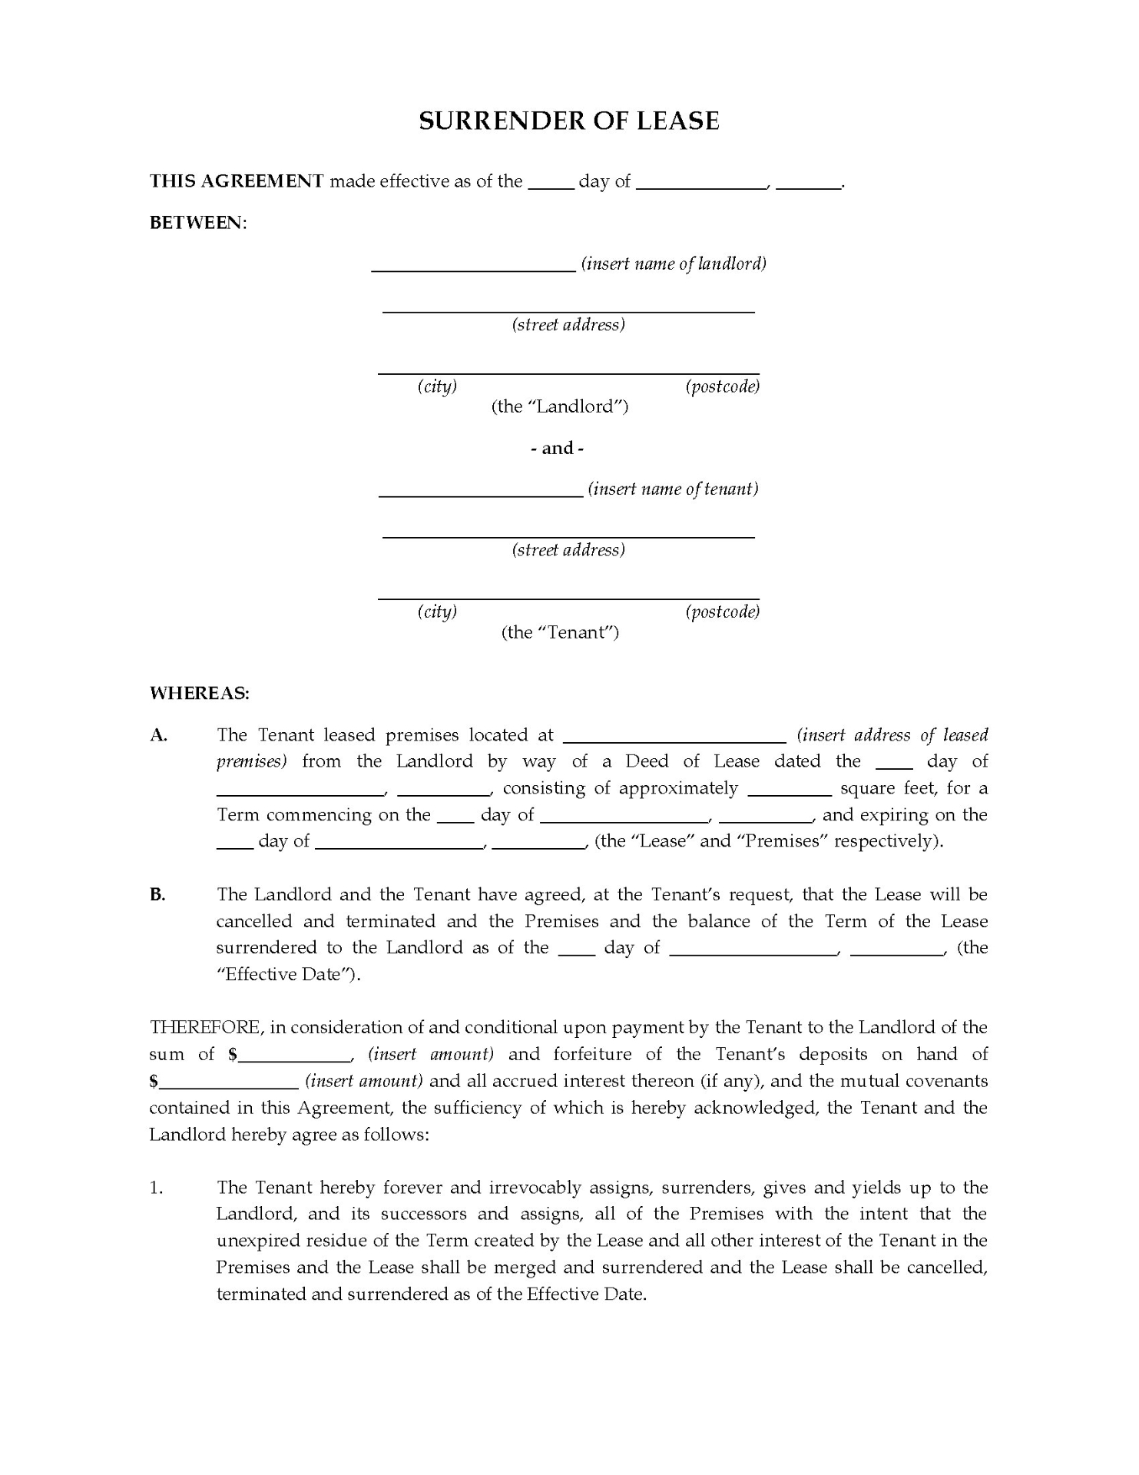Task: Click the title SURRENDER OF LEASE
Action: [568, 121]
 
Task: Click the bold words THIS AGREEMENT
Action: [237, 181]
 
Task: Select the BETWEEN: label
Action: [198, 223]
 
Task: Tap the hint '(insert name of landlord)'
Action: [674, 264]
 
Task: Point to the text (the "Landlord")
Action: [560, 406]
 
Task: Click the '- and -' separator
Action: [558, 448]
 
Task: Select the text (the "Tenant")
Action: [560, 632]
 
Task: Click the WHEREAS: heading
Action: [200, 693]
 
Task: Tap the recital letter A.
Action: [158, 735]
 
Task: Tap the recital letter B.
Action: [157, 895]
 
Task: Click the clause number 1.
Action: [156, 1188]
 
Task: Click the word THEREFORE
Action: [207, 1028]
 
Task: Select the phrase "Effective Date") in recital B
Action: [289, 975]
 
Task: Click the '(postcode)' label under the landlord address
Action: [722, 386]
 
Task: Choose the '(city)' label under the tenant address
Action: [437, 612]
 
